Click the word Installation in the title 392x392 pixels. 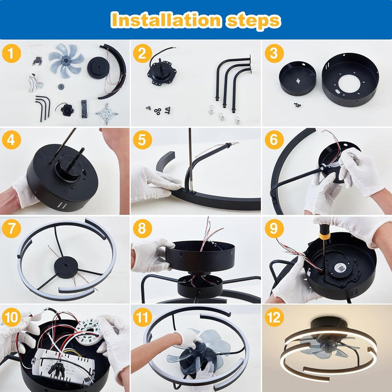point(166,20)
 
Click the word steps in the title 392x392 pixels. point(253,21)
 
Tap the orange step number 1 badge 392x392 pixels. point(11,53)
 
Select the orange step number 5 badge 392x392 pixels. point(142,139)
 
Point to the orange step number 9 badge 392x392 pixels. point(274,228)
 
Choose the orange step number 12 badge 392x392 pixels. point(274,317)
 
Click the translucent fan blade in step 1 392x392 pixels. point(66,60)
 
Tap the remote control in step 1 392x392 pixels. point(84,109)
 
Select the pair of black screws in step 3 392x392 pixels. point(297,105)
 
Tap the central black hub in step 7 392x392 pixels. point(66,268)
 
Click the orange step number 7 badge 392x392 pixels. point(11,228)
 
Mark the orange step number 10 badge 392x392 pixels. point(11,317)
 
